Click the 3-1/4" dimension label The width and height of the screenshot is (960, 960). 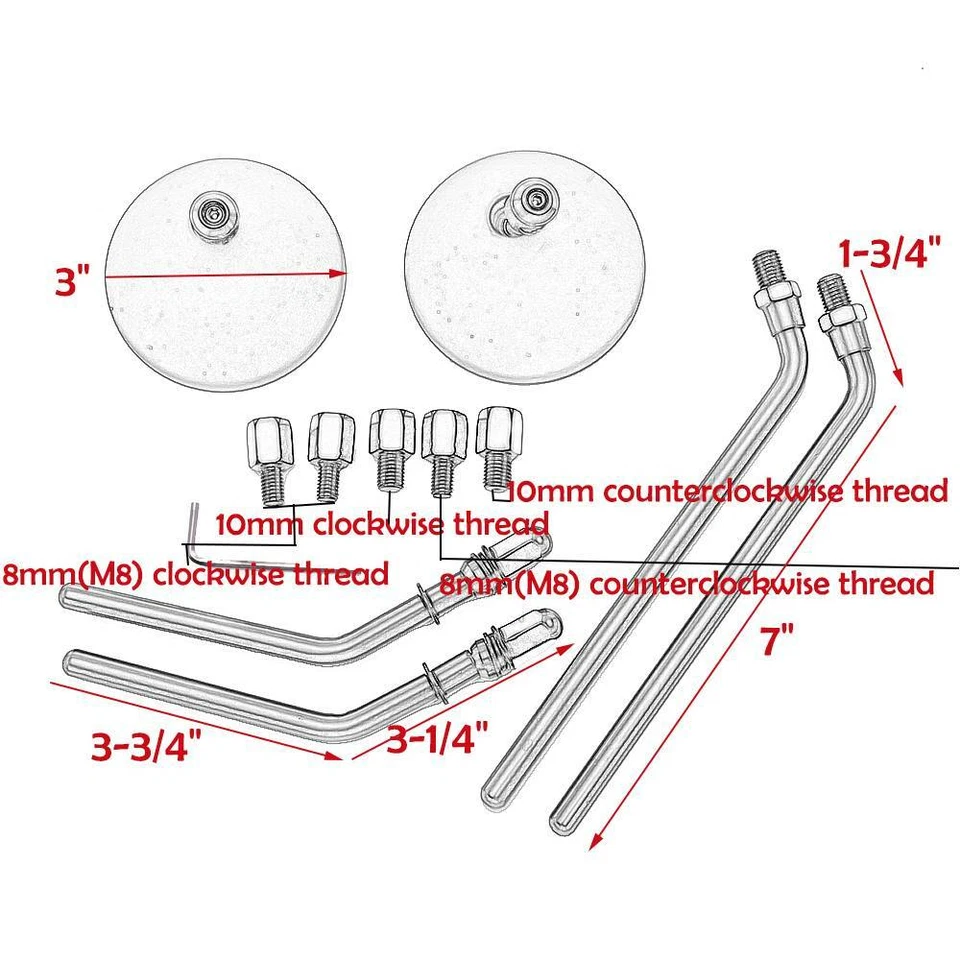pos(437,739)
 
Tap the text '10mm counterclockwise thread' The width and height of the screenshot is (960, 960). pos(727,491)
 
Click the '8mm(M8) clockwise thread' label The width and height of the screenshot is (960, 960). pos(195,575)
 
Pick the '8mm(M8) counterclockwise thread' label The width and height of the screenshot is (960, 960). pos(688,583)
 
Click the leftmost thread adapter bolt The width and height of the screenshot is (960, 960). pos(267,459)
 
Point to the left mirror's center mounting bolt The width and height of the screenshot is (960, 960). pos(213,212)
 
